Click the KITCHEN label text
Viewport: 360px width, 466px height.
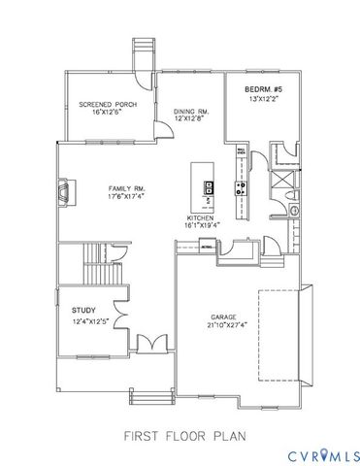pyautogui.click(x=202, y=217)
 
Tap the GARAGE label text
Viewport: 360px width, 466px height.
pyautogui.click(x=224, y=317)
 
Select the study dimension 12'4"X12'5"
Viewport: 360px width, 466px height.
pyautogui.click(x=95, y=320)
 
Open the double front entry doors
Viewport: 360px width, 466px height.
pyautogui.click(x=149, y=345)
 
